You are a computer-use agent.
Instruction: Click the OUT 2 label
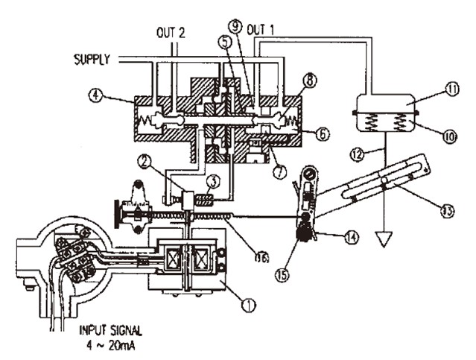point(171,33)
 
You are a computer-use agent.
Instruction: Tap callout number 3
point(213,180)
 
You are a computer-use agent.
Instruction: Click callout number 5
point(223,43)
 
